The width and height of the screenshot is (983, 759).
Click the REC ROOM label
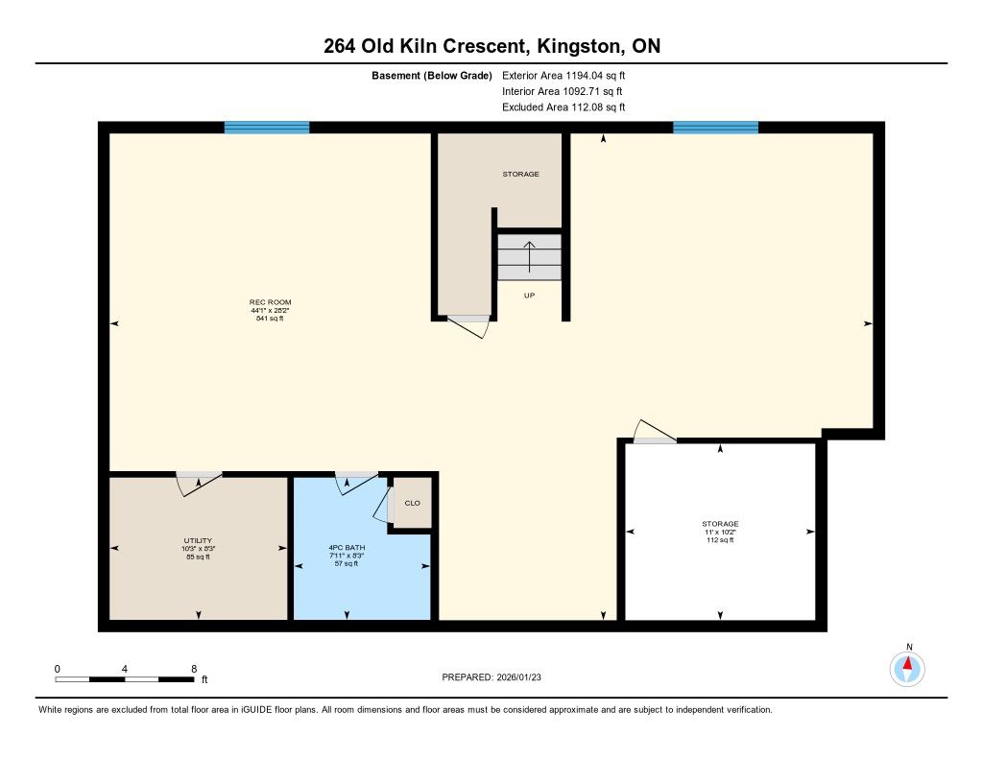tap(270, 302)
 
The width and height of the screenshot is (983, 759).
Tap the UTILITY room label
tap(198, 540)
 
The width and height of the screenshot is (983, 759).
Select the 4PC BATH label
tap(347, 547)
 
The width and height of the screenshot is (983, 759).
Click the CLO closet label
tap(413, 503)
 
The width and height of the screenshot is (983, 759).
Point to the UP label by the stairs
tap(529, 296)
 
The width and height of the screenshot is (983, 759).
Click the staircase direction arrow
tap(529, 257)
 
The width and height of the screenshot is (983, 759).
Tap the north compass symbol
tap(907, 669)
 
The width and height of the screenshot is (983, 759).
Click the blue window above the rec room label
tap(267, 128)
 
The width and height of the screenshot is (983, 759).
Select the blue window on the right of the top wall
tap(715, 128)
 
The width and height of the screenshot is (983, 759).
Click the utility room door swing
tap(198, 484)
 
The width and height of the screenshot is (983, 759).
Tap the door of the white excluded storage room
tap(655, 432)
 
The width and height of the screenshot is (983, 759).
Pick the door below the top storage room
tap(468, 326)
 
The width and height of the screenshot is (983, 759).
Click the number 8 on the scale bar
tap(194, 669)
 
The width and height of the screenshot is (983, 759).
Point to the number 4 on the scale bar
tap(125, 669)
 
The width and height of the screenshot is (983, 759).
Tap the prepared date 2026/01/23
tap(518, 676)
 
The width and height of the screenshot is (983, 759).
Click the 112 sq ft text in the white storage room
tap(720, 539)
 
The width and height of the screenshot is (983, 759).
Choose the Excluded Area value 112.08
tap(590, 107)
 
